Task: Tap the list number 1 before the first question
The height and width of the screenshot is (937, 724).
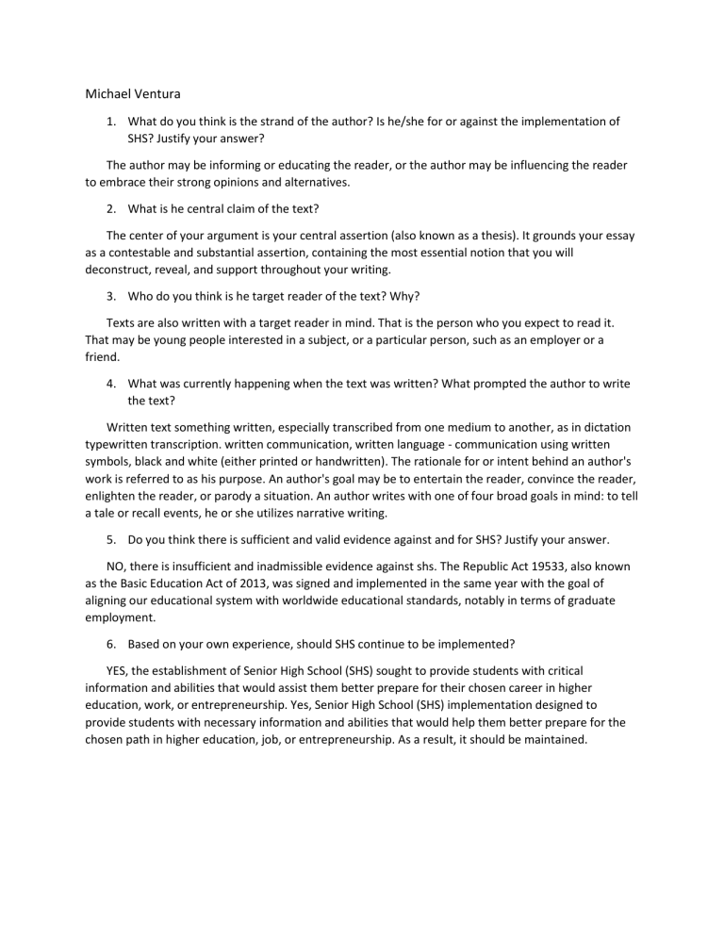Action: (x=111, y=122)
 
